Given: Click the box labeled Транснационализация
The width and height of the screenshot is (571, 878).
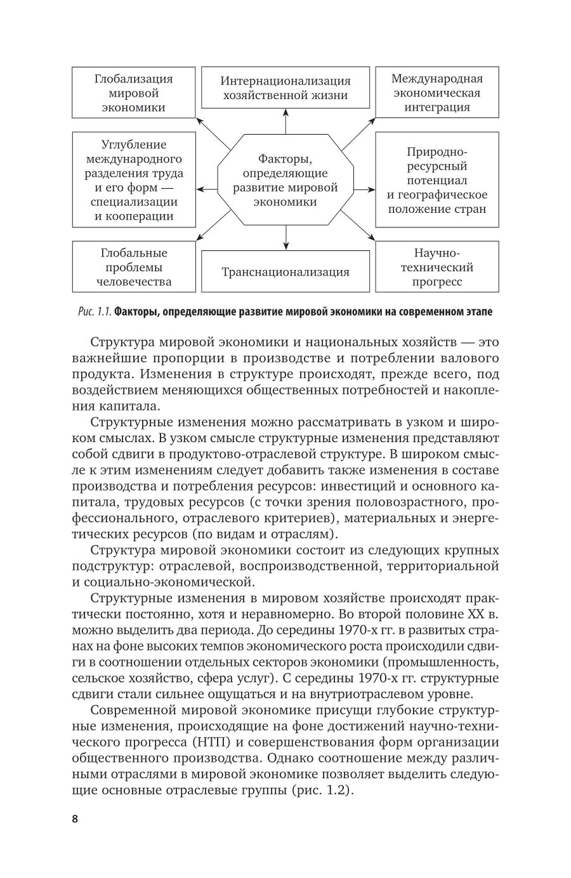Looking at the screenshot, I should coord(285,272).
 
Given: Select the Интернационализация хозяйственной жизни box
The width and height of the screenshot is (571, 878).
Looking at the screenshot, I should coord(285,88).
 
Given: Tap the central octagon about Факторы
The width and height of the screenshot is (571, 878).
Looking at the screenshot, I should coord(285,180).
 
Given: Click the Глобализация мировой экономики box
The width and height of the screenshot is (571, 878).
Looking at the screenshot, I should coord(134,93).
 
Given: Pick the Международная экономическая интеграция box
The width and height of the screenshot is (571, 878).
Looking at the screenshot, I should coord(436,93).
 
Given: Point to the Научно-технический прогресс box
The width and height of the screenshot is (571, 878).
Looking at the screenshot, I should coord(436,267).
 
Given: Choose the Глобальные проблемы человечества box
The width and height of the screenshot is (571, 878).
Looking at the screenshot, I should coord(134,267).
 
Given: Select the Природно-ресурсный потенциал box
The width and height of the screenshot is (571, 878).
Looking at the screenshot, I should coord(436,180).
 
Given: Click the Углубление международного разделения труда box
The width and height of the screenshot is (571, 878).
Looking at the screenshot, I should coord(134,180).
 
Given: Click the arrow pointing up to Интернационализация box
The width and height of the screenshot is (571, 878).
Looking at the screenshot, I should coord(285,121).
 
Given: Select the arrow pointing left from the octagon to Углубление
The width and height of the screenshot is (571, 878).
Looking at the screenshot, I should coord(207,189).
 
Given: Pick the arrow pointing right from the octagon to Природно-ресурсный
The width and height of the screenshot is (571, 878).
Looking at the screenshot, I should coord(364,189).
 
